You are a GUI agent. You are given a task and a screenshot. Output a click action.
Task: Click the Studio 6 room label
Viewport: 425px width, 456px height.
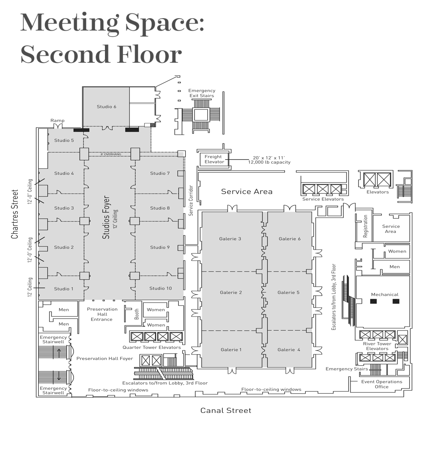[106, 107]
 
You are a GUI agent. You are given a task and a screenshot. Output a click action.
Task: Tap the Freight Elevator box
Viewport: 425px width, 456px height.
[214, 159]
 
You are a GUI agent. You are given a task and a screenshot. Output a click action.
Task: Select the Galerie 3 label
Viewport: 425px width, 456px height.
[230, 239]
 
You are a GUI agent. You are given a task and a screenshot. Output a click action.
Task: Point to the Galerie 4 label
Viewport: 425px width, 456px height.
[289, 350]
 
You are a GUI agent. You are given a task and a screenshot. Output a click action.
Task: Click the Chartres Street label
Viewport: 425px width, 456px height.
[15, 214]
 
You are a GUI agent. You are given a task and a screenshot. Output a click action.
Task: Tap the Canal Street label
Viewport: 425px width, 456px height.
[226, 410]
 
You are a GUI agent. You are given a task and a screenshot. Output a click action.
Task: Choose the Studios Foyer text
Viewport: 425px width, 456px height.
[106, 217]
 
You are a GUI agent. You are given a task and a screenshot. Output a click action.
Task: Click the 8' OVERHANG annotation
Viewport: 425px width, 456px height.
[111, 154]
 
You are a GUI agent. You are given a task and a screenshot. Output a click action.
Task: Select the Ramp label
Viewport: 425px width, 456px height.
[57, 121]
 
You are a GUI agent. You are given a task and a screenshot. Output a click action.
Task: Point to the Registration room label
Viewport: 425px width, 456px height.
[365, 226]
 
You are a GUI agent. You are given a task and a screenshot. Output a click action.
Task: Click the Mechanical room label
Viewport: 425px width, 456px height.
[385, 294]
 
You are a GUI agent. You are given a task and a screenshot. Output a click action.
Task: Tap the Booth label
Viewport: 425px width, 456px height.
[137, 314]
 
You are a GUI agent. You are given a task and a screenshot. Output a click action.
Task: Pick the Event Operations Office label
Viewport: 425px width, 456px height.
[382, 384]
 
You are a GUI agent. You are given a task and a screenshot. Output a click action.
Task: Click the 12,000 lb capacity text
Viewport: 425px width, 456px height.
[269, 162]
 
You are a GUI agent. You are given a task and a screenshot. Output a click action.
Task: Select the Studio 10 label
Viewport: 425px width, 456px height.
[160, 288]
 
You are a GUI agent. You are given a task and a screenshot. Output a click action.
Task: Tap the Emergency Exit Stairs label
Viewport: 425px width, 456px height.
[202, 93]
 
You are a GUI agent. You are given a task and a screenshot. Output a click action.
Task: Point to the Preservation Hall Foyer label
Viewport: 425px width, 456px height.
[105, 358]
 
